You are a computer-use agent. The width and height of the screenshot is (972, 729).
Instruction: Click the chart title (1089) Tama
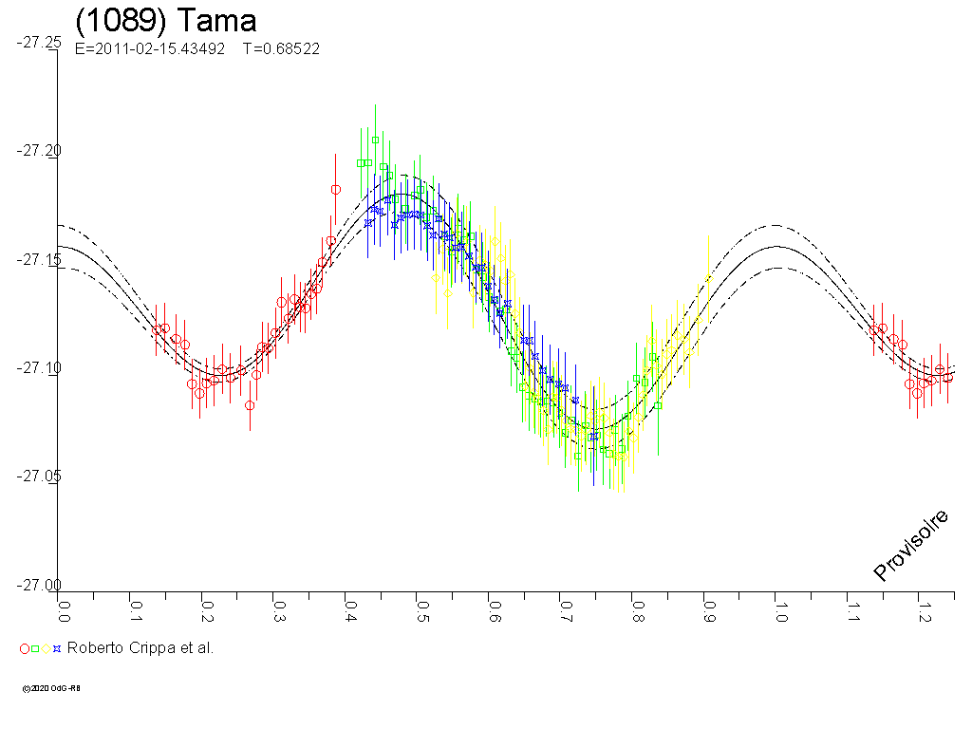[x=165, y=21]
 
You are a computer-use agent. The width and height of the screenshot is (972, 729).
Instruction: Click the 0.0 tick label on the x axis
[x=64, y=606]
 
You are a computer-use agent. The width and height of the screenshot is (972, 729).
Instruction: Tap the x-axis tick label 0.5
[x=421, y=606]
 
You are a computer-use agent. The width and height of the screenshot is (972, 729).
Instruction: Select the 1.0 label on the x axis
[x=778, y=606]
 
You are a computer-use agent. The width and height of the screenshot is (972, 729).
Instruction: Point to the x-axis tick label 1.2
[x=922, y=606]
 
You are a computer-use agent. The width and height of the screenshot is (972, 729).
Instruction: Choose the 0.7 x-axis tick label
[x=564, y=606]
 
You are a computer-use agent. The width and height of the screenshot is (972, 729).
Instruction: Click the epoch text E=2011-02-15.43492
[x=149, y=49]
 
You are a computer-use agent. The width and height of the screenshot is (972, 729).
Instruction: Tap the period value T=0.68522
[x=281, y=49]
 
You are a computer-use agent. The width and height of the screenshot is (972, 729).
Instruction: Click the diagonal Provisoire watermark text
[x=911, y=545]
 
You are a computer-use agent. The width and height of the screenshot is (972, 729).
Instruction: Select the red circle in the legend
[x=25, y=649]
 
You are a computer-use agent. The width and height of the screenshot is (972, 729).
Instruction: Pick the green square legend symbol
[x=35, y=649]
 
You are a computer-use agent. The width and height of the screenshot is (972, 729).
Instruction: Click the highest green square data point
[x=376, y=140]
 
